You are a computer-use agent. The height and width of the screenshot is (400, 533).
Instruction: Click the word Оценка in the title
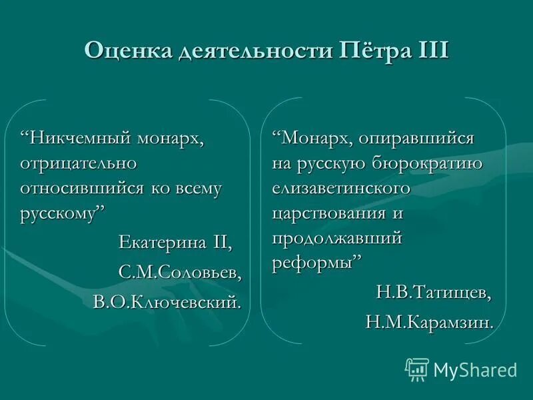pos(127,51)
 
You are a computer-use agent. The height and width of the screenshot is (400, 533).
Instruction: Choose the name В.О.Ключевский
pos(167,303)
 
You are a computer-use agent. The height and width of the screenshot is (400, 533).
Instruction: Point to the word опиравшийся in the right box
pos(416,139)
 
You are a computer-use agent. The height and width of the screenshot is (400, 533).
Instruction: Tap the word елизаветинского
pos(340,188)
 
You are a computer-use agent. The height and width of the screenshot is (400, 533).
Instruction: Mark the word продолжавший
pos(336,238)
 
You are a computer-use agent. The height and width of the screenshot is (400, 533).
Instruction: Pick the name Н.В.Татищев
pos(434,292)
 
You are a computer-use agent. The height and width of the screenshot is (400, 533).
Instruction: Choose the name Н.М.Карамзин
pos(430,323)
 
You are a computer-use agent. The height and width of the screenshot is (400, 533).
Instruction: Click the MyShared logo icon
pos(417,369)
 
